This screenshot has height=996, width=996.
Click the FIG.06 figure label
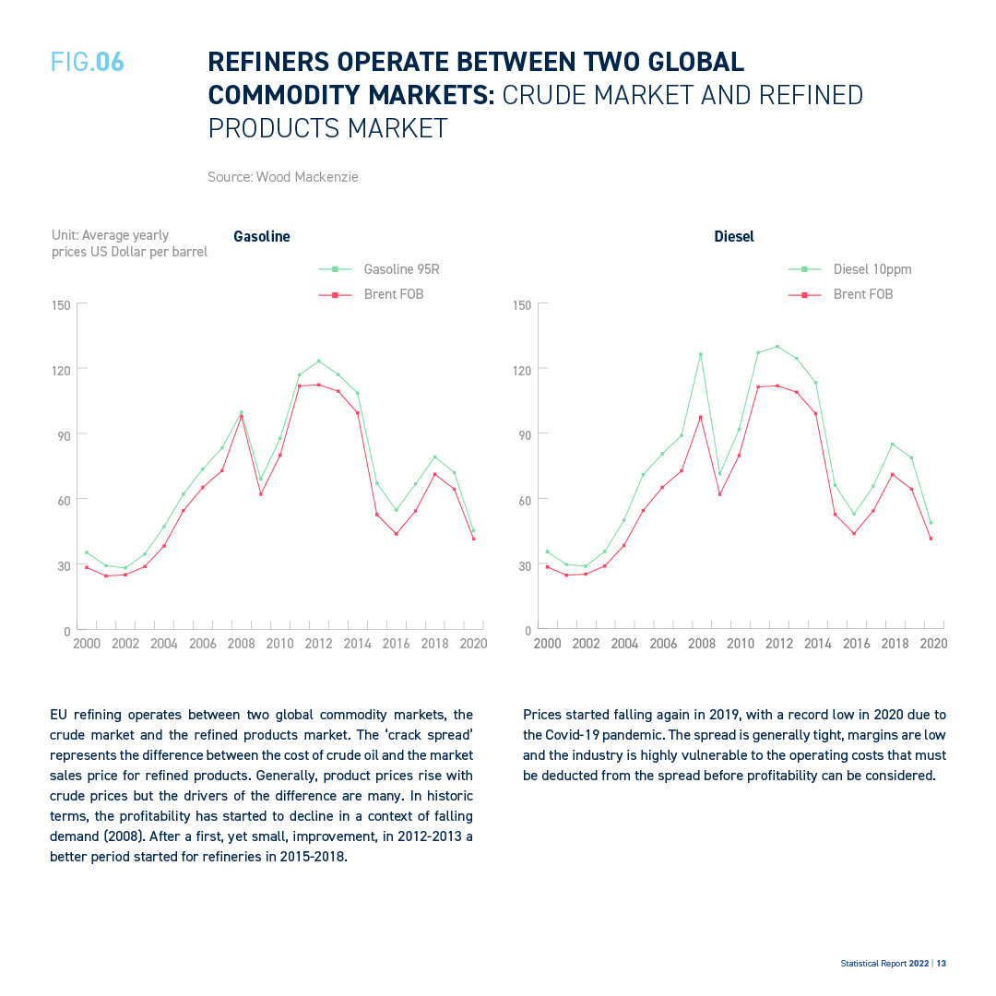88,63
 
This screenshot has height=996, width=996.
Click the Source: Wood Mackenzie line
283,176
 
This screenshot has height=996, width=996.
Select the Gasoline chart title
262,236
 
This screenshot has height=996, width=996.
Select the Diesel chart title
734,236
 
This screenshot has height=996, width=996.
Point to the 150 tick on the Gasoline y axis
61,305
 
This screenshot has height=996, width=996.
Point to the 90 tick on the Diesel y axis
525,435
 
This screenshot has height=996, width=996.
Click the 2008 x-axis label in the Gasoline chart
242,644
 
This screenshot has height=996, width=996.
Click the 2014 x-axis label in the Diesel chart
817,644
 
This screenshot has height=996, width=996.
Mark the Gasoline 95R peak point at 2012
319,361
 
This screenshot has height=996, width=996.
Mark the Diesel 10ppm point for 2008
701,354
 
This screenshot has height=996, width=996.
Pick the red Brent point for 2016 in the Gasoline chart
397,534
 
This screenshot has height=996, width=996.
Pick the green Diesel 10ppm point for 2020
931,523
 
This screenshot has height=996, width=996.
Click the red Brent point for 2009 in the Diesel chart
719,493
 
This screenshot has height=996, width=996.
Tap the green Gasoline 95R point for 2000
87,552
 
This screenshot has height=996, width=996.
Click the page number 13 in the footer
942,964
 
